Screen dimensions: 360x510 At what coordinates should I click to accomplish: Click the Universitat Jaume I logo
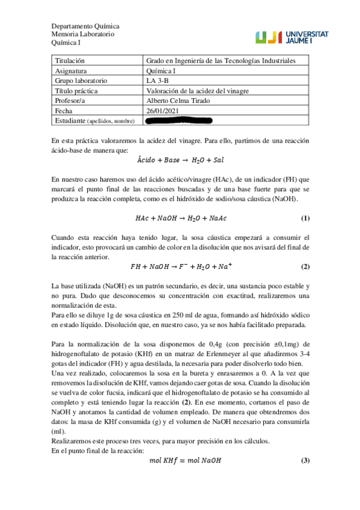coord(291,37)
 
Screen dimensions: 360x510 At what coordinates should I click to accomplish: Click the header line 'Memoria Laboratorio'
coord(82,35)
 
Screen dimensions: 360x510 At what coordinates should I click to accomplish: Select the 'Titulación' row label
coord(70,61)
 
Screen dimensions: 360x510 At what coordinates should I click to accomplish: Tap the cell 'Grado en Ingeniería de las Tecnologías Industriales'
coord(220,61)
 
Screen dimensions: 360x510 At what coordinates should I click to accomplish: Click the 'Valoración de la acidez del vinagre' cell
coord(198,90)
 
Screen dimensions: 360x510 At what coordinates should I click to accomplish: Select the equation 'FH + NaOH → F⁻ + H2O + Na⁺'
coord(180,266)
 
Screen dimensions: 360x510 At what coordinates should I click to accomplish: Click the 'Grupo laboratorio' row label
coord(81,80)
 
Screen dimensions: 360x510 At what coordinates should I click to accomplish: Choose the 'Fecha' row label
coord(63,111)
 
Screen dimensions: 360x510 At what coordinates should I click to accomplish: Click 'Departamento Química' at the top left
coord(85,26)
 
